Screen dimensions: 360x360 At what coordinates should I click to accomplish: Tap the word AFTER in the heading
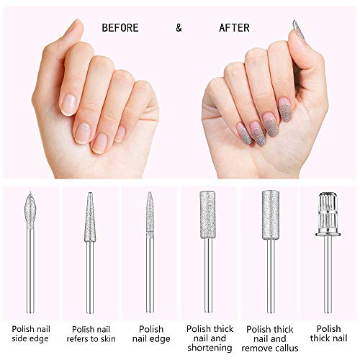coord(234,28)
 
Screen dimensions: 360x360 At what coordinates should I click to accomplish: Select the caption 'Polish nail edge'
coord(150,334)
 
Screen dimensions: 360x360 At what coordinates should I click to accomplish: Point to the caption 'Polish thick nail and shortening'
coord(210,338)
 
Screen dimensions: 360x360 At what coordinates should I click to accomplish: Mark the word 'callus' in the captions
coord(287,348)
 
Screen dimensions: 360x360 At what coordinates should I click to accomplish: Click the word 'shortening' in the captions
coord(210,348)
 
